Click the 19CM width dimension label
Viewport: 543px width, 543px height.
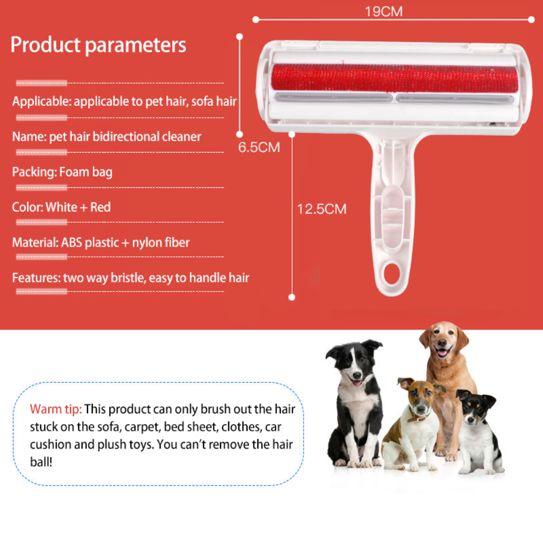tap(383, 11)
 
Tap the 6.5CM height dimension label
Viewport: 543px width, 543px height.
tap(259, 148)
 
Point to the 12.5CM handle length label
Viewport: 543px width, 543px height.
tap(321, 209)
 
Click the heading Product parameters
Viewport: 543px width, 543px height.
tap(98, 45)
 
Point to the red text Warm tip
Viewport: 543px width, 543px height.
tap(55, 409)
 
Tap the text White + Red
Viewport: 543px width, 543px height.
tap(78, 207)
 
